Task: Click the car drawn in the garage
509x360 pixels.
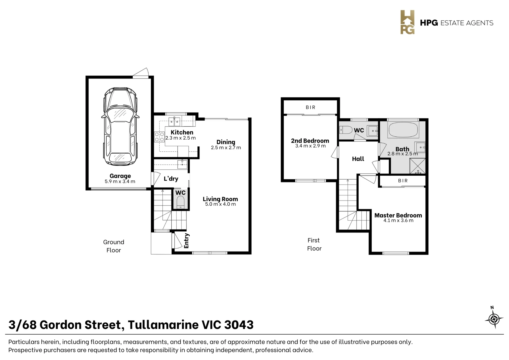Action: [120, 127]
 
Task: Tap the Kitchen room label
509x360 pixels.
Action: [182, 132]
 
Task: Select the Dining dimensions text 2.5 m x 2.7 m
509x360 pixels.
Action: [226, 148]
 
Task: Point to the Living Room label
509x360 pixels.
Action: [220, 199]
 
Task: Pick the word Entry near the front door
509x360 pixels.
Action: [186, 241]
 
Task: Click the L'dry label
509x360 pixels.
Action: [171, 179]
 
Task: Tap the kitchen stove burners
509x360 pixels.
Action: [159, 137]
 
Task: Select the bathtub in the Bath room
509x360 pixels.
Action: [403, 130]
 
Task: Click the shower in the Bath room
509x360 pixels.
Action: [417, 166]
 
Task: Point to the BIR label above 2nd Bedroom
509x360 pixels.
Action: [310, 107]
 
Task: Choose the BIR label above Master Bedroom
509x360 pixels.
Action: [403, 181]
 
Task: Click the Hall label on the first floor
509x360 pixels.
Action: [358, 159]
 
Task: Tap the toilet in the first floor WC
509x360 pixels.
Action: [346, 130]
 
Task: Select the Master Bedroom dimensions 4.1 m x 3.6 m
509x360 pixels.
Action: [398, 220]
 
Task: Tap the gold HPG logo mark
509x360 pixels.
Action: [407, 22]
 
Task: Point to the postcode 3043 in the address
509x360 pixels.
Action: [239, 324]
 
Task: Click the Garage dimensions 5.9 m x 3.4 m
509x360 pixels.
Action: [120, 181]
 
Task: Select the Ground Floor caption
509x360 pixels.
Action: [114, 246]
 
